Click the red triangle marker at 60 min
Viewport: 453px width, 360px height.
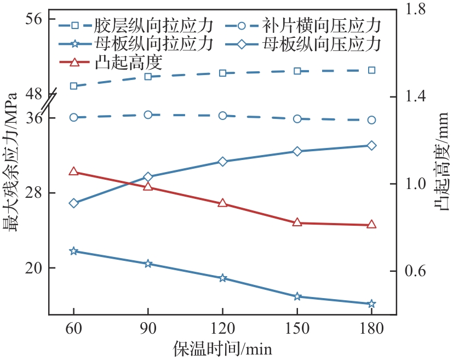point(74,172)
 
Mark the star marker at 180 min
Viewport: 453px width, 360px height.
point(371,304)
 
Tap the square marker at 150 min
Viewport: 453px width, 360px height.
point(297,71)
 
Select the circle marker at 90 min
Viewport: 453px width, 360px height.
point(148,115)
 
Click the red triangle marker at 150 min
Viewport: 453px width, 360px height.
point(297,222)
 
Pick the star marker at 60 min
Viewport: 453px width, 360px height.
point(74,251)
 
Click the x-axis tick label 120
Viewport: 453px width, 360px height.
point(222,328)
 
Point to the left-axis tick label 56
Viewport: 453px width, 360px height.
point(34,19)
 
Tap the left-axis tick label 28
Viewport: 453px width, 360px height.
point(34,193)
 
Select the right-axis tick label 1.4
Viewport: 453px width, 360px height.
point(415,97)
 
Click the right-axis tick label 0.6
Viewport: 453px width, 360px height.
point(415,271)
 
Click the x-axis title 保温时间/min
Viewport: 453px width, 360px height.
point(222,349)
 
